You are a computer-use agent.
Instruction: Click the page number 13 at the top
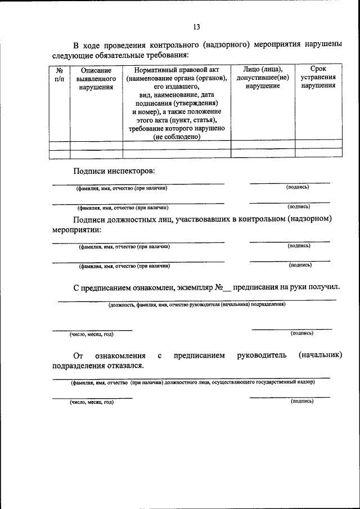point(196,26)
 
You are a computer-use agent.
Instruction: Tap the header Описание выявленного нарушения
point(96,79)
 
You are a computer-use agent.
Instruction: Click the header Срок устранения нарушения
point(318,77)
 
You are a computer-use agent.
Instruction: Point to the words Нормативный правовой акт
point(177,70)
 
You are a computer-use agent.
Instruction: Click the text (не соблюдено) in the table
point(177,137)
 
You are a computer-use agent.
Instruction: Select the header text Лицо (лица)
point(263,69)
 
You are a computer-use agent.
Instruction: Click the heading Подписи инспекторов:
point(113,170)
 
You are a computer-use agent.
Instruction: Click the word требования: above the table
point(163,55)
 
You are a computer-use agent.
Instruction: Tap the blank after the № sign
point(227,288)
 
